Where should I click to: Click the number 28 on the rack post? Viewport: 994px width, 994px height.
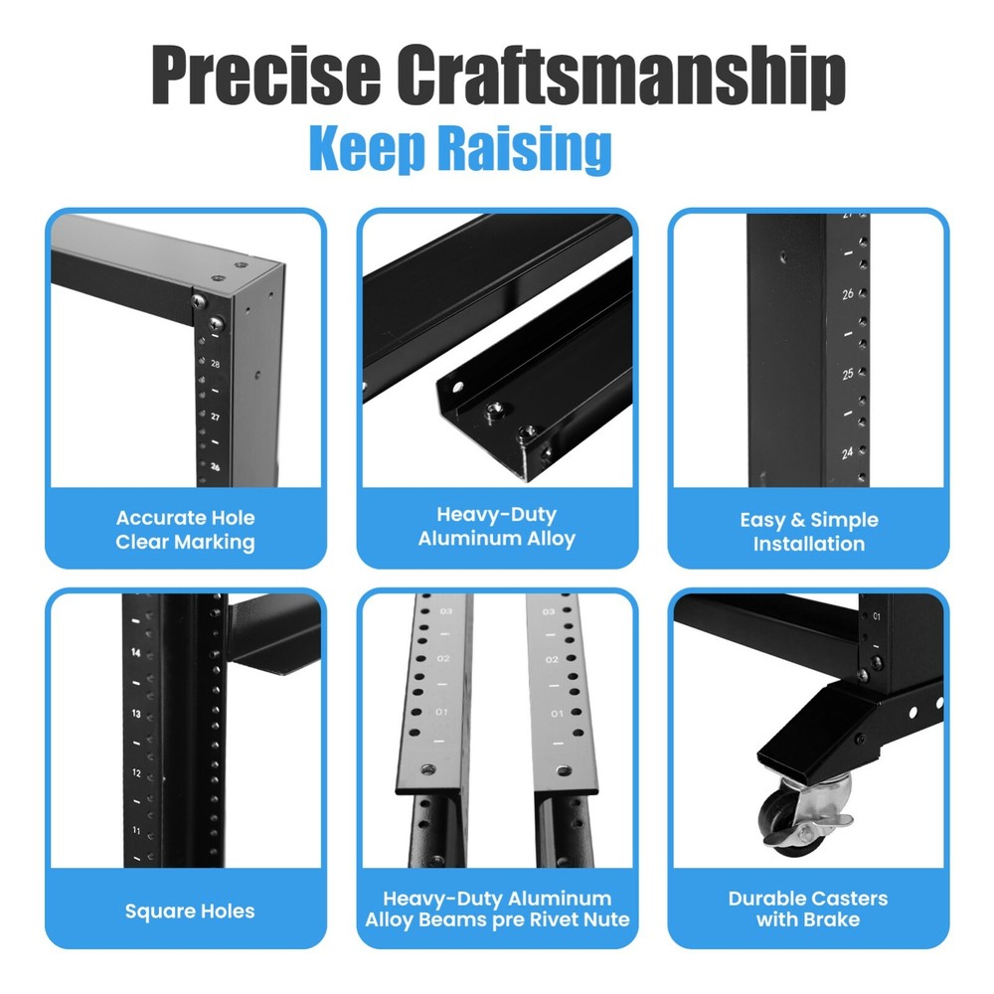(x=216, y=365)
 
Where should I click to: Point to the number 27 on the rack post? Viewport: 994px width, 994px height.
(x=216, y=416)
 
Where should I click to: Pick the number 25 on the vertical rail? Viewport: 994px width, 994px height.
(x=848, y=374)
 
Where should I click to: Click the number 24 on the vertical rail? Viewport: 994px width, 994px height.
(x=848, y=452)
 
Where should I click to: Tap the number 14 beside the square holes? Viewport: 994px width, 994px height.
(x=136, y=653)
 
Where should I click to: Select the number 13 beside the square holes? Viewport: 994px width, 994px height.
(x=136, y=714)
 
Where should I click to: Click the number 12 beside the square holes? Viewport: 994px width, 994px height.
(x=136, y=773)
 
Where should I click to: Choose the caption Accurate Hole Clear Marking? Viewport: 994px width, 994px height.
(x=185, y=530)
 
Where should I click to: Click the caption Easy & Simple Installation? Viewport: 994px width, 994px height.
(x=808, y=532)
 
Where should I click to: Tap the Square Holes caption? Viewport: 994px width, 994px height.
(x=190, y=911)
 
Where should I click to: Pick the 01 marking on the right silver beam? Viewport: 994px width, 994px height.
(x=557, y=714)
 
